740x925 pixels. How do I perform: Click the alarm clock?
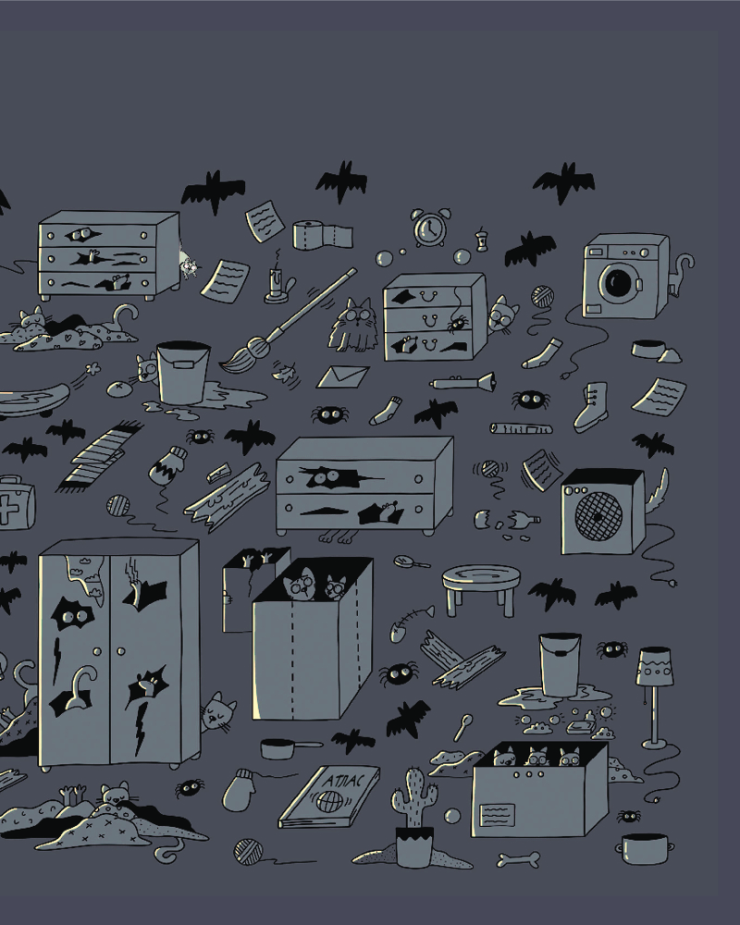tap(431, 228)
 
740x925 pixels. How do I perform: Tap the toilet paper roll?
tap(322, 235)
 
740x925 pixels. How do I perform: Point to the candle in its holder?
tap(278, 285)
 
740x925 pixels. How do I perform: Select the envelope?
tap(343, 377)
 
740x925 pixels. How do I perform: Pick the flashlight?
tap(462, 382)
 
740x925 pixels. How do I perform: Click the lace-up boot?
tap(591, 407)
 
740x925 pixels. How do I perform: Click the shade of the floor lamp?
tap(654, 667)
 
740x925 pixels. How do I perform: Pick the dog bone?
tap(518, 859)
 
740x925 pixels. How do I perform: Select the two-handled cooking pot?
tap(646, 849)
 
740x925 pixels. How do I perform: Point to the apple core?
tap(482, 240)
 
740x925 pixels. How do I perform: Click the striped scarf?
tap(99, 455)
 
